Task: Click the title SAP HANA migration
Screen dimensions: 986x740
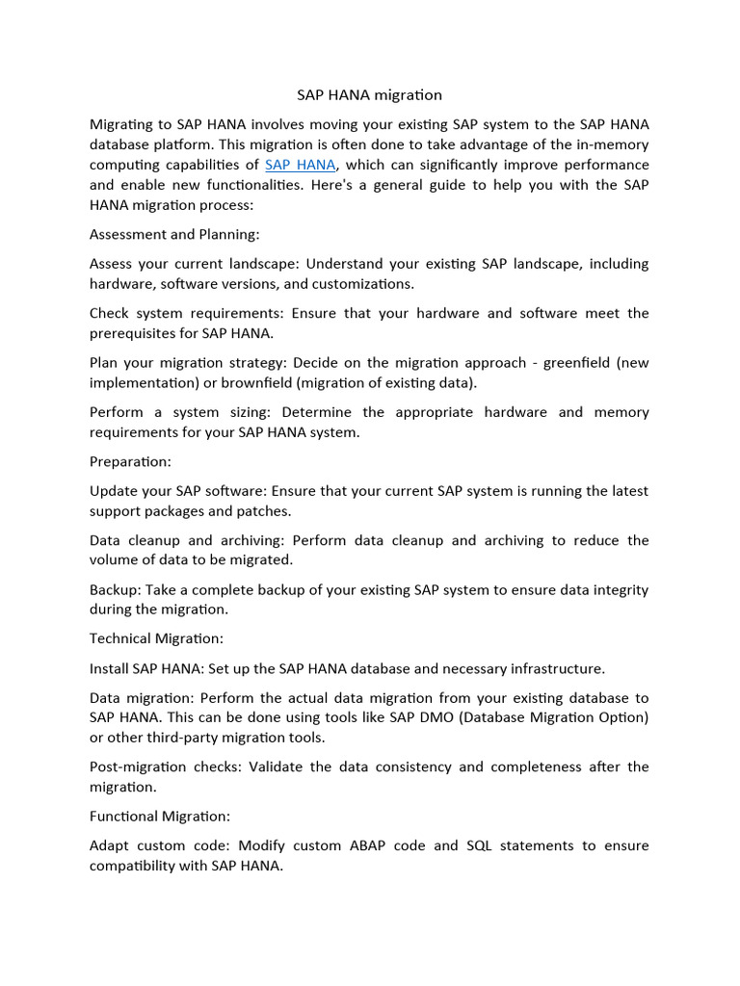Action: (369, 94)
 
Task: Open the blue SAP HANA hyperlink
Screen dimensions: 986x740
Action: (300, 165)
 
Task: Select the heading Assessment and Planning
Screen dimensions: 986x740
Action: (174, 234)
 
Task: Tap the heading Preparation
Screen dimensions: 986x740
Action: (130, 461)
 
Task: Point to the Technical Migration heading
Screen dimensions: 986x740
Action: (156, 638)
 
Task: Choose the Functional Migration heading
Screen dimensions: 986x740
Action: (160, 816)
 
